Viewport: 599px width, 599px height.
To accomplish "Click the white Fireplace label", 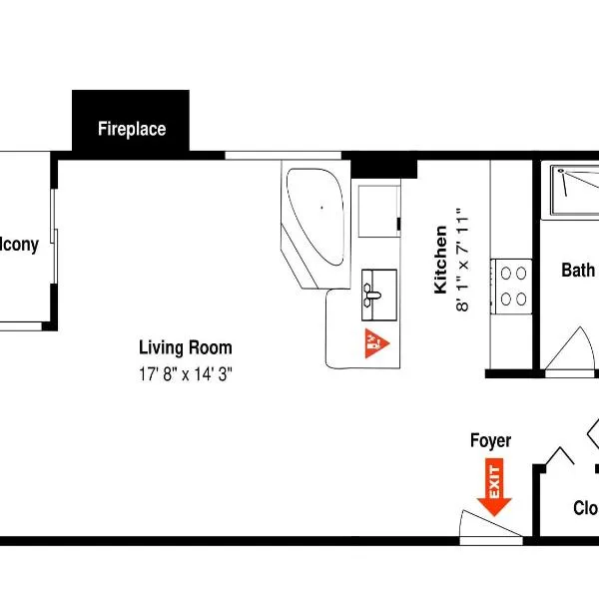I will pos(131,129).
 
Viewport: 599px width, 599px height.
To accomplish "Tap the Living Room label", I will pos(185,348).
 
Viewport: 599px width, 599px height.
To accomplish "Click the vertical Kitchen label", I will pos(440,260).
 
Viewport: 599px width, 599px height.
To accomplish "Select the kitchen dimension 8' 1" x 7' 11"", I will pos(461,260).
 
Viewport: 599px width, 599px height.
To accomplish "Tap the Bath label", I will pos(578,270).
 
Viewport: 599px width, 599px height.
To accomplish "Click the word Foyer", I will pos(490,441).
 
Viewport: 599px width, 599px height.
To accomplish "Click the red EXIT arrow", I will pos(495,485).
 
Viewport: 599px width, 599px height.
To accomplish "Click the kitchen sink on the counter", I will pos(378,290).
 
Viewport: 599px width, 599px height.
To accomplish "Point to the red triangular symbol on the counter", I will pos(375,342).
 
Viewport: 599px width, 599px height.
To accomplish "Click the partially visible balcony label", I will pos(20,245).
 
